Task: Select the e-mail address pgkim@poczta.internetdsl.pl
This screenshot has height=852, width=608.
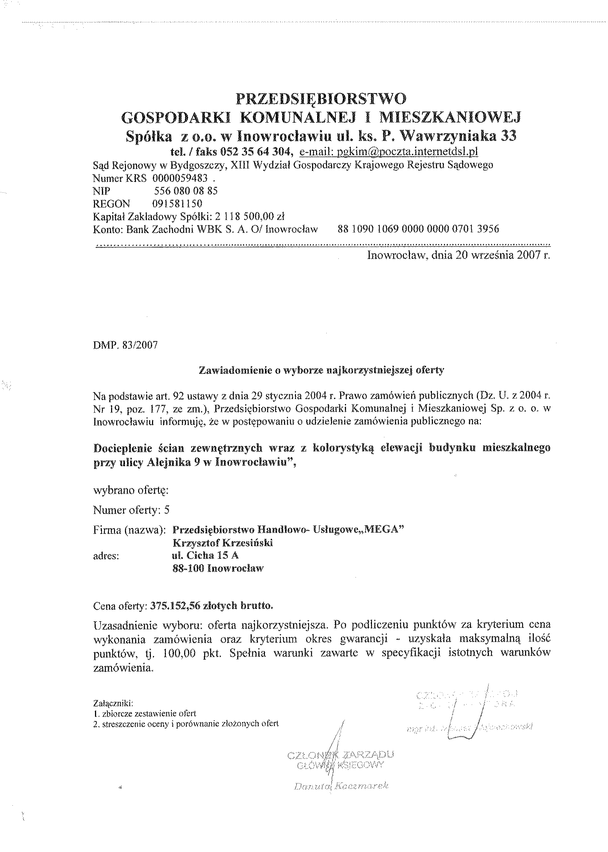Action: [389, 151]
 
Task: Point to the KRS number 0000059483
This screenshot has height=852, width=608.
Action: [180, 179]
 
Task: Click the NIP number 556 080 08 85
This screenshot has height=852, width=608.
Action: [186, 191]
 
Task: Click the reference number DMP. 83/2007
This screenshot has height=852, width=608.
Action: [125, 345]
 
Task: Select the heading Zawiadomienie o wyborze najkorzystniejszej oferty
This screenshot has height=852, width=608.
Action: [321, 371]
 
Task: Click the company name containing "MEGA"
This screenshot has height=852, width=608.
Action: [288, 530]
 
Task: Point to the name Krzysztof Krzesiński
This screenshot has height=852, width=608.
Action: [223, 543]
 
